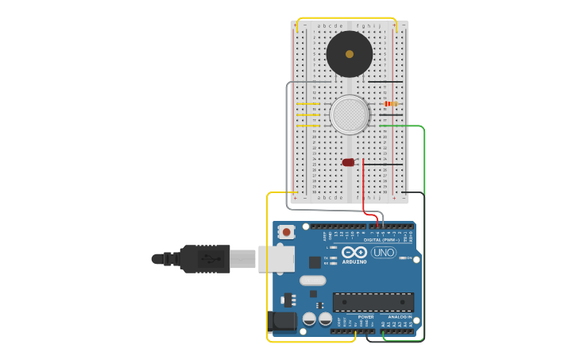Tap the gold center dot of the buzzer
pos(350,54)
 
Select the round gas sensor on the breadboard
pos(350,114)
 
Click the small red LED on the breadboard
pos(348,162)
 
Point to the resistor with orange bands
pos(390,103)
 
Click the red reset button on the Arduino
pos(286,232)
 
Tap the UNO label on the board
pos(384,253)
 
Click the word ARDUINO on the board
pos(354,261)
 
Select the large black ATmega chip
pos(373,302)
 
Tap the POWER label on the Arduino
pos(365,316)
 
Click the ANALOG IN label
pos(400,316)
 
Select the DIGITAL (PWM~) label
pos(382,239)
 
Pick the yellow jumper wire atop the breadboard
pos(346,18)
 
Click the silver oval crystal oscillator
pos(313,280)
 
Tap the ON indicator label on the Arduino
pos(410,257)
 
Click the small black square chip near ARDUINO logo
pos(315,261)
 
